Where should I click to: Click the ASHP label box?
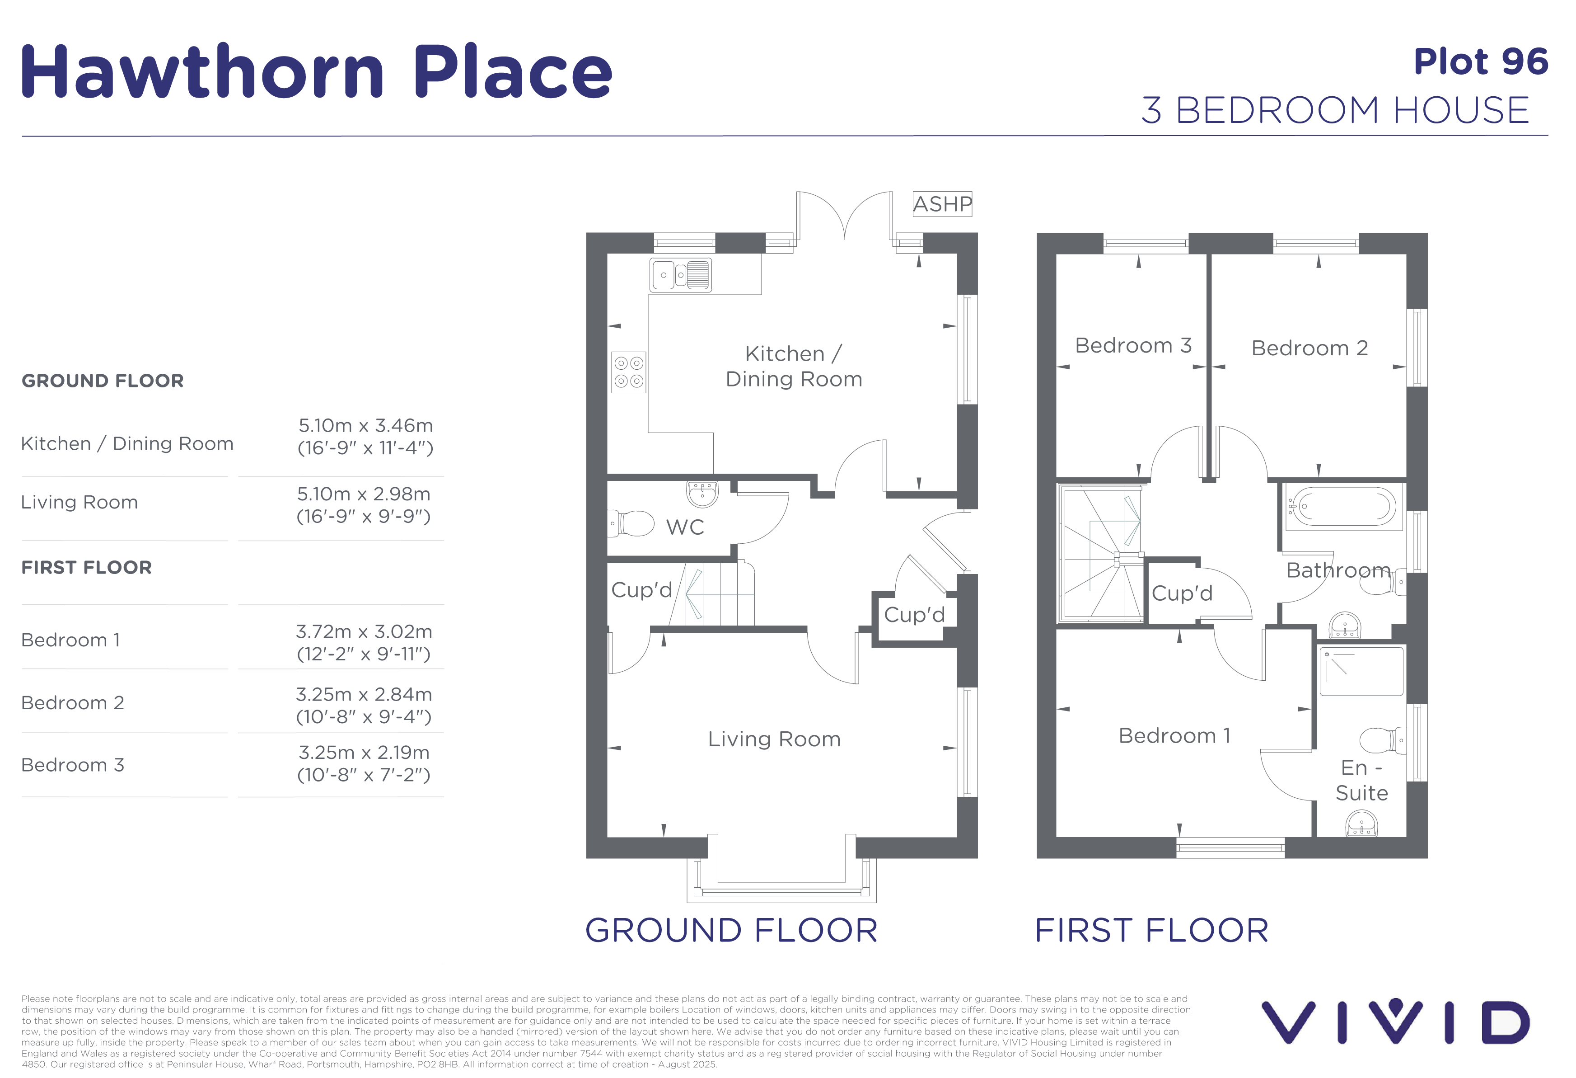942,203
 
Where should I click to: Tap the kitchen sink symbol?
680,275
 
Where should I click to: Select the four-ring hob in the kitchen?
629,372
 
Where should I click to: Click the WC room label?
685,527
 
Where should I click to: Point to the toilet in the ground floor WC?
631,524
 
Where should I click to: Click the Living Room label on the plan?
774,739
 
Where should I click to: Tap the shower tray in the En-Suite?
1361,672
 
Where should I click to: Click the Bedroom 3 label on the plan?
1133,345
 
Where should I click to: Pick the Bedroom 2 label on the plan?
1309,348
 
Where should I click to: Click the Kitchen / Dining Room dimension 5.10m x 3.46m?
365,425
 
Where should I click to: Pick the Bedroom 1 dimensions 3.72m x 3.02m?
364,631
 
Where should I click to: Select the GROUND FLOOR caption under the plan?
731,930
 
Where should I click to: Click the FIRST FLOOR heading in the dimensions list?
87,567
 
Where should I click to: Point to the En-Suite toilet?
1384,741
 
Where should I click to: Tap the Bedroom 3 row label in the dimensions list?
73,765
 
